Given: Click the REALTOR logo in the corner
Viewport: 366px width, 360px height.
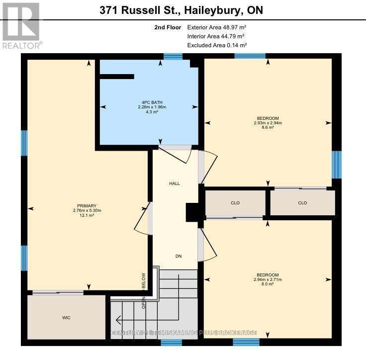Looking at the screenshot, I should click(20, 24).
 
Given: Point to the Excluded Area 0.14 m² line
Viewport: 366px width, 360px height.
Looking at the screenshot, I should click(217, 45).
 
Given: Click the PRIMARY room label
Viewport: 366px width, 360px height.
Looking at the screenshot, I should click(86, 206).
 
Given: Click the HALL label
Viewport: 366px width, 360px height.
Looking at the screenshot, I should click(175, 183).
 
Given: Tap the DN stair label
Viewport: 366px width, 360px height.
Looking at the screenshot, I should click(179, 256).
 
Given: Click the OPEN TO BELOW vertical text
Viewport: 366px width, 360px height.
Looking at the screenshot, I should click(143, 291).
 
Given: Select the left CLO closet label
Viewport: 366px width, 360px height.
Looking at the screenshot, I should click(235, 203).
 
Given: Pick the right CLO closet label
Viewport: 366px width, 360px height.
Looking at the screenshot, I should click(302, 203).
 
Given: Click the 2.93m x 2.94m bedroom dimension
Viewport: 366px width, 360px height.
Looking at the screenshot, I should click(268, 123).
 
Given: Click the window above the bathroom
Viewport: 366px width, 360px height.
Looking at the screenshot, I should click(173, 56).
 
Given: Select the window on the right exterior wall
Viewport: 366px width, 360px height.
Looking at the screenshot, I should click(337, 165).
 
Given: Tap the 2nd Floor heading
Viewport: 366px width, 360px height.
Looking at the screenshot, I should click(168, 27).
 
